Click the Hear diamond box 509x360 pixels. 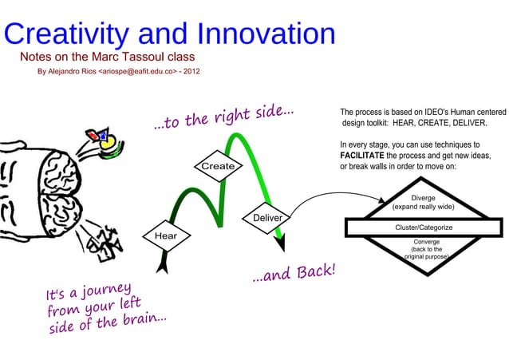point(166,236)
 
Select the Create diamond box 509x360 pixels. point(218,166)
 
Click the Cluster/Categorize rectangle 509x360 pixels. point(424,227)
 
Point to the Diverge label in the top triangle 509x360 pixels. point(424,197)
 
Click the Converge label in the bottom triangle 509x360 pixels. point(424,242)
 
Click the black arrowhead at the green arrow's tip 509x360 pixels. point(282,243)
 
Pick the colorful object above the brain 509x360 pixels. point(104,140)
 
